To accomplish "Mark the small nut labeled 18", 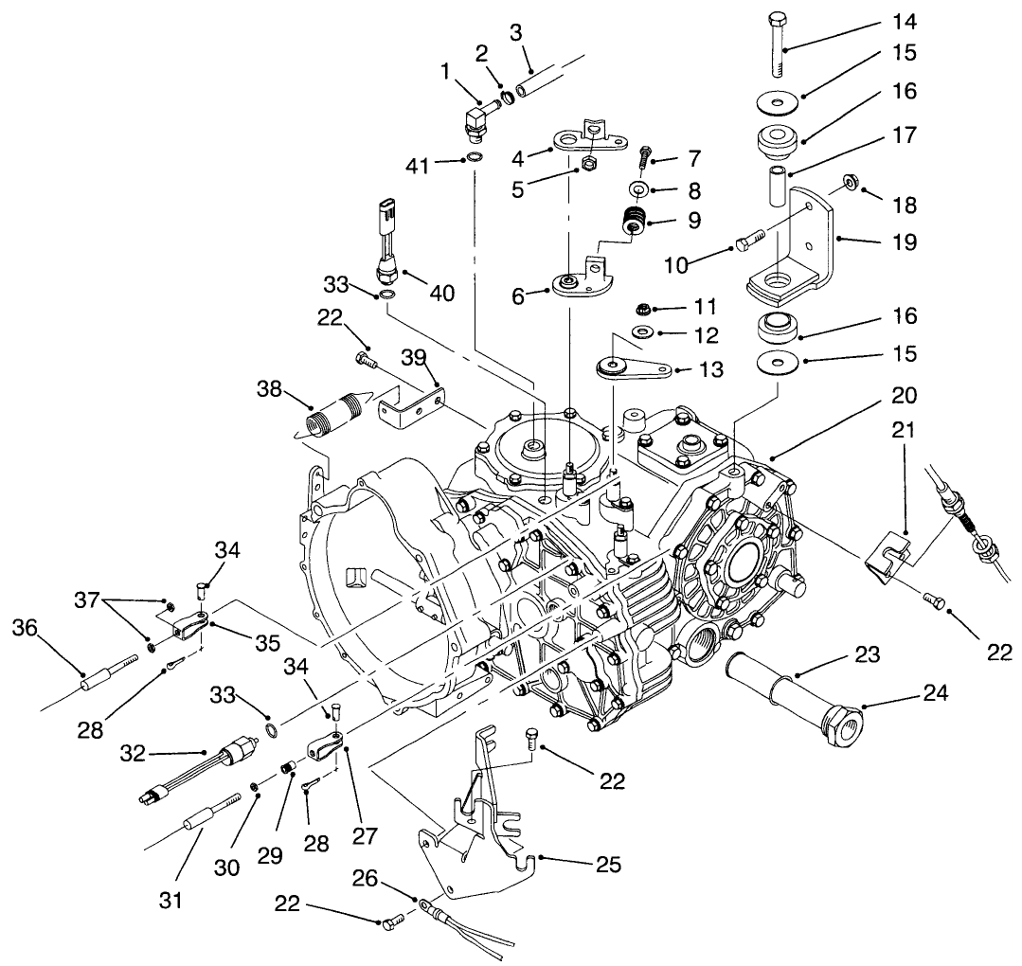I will (852, 186).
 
